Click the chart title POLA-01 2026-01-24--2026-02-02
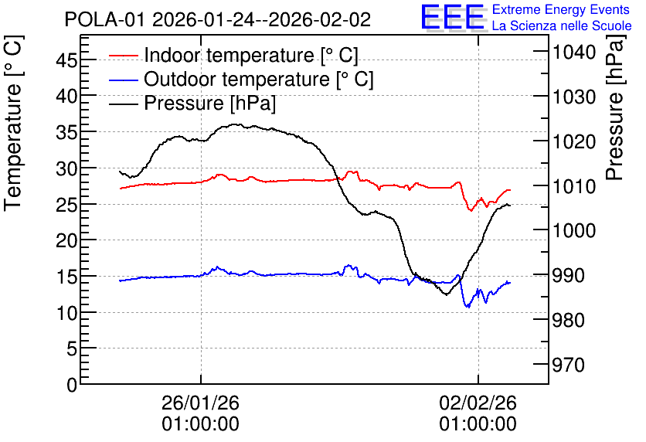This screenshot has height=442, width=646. pyautogui.click(x=218, y=19)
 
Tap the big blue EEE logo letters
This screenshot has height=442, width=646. pyautogui.click(x=453, y=17)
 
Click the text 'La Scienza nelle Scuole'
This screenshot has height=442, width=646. pyautogui.click(x=562, y=25)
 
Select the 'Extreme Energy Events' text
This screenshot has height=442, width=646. pyautogui.click(x=561, y=9)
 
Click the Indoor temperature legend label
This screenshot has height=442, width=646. pyautogui.click(x=251, y=55)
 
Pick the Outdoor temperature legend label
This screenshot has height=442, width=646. pyautogui.click(x=259, y=79)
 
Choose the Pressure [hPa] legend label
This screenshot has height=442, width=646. pyautogui.click(x=209, y=103)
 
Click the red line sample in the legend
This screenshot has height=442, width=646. pyautogui.click(x=123, y=55)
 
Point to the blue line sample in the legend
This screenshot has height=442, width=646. pyautogui.click(x=123, y=79)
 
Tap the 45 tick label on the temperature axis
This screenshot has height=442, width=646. pyautogui.click(x=66, y=60)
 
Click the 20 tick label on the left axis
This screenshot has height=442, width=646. pyautogui.click(x=66, y=240)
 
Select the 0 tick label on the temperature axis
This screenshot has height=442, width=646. pyautogui.click(x=72, y=385)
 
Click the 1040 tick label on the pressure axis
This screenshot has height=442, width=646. pyautogui.click(x=569, y=52)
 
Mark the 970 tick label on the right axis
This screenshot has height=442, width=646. pyautogui.click(x=569, y=365)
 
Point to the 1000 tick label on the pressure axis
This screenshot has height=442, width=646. pyautogui.click(x=569, y=231)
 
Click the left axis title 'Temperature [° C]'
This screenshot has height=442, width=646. pyautogui.click(x=13, y=123)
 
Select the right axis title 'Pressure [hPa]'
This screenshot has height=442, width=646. pyautogui.click(x=614, y=107)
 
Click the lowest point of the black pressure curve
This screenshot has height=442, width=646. pyautogui.click(x=446, y=294)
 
